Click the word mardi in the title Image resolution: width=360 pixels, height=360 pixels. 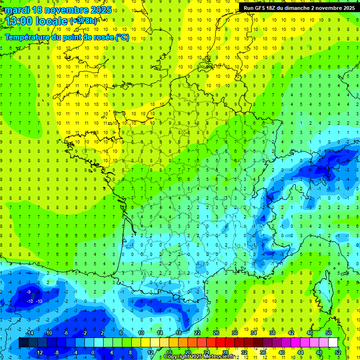tap(17, 10)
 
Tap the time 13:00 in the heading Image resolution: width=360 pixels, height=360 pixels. tap(19, 21)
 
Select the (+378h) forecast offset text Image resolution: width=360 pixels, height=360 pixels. tap(84, 21)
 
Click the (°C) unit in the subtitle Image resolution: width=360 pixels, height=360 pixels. tap(122, 37)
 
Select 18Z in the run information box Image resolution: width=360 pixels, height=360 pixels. tap(275, 8)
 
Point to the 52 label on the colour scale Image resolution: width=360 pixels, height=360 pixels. tap(337, 352)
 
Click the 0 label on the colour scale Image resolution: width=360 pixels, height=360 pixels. tap(92, 352)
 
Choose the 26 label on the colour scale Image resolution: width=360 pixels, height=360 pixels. tap(216, 333)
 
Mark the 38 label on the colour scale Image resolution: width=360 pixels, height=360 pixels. tap(272, 333)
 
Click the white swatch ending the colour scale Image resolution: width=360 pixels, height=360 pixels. tap(333, 343)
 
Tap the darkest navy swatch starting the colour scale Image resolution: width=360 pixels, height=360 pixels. tap(23, 343)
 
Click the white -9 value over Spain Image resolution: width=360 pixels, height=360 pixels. tap(29, 292)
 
